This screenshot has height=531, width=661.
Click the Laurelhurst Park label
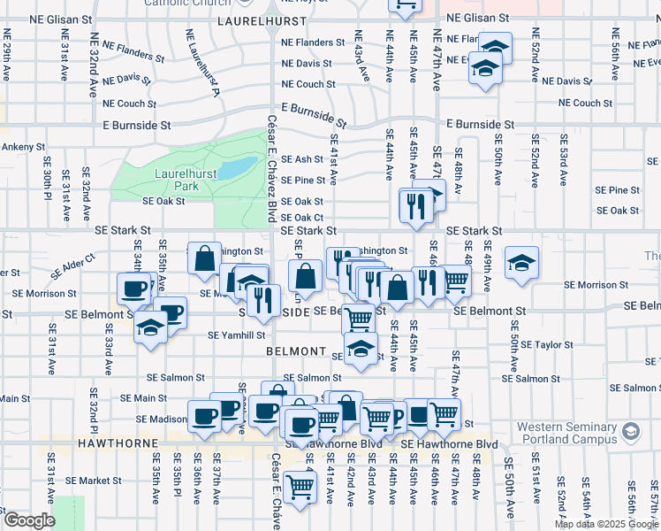pos(173,180)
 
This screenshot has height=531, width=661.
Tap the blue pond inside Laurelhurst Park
pos(233,167)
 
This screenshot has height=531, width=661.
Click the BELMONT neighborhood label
pos(296,351)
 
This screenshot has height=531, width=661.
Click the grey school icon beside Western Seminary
pos(631,432)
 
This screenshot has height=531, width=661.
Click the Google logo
pos(28,520)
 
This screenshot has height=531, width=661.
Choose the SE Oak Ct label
pos(308,218)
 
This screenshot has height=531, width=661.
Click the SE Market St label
pos(98,481)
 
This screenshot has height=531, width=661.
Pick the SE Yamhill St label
pos(237,335)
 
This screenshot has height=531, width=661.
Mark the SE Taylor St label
pos(548,344)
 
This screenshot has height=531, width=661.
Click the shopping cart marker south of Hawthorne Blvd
pos(300,485)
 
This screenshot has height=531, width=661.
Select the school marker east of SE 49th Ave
pos(521,262)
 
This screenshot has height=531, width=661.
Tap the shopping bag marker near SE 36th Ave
pos(204,258)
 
